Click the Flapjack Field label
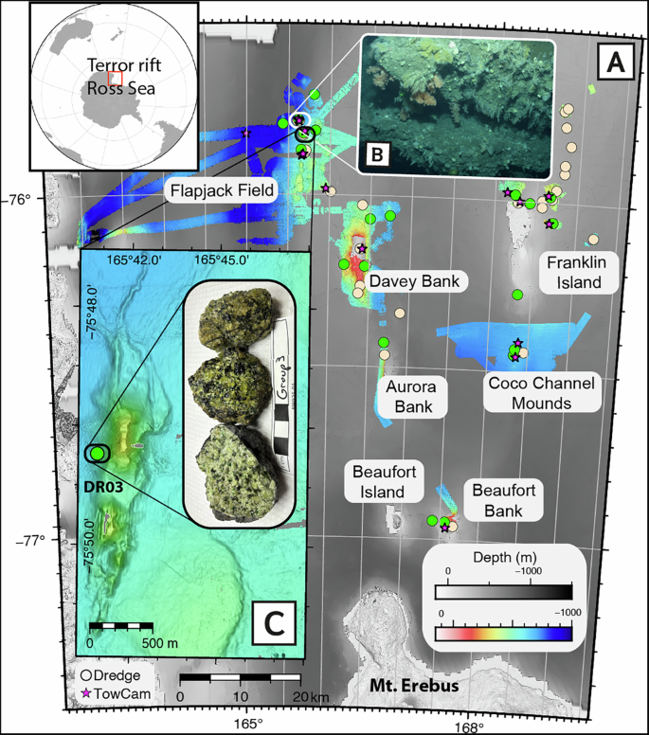click(223, 191)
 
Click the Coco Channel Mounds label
click(540, 393)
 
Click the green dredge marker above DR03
click(97, 454)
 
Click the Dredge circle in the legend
click(85, 676)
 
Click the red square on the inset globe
click(115, 78)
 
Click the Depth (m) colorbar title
click(501, 556)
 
